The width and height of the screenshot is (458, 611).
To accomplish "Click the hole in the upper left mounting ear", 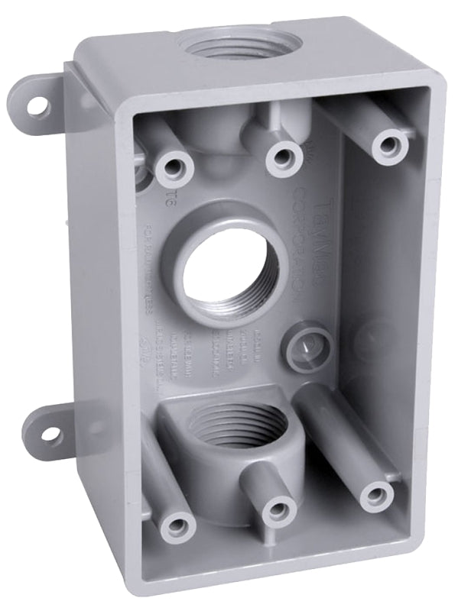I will (37, 108).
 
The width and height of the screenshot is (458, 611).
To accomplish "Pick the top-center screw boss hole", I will (282, 157).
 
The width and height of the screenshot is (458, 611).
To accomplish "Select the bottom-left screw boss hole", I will (178, 525).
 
